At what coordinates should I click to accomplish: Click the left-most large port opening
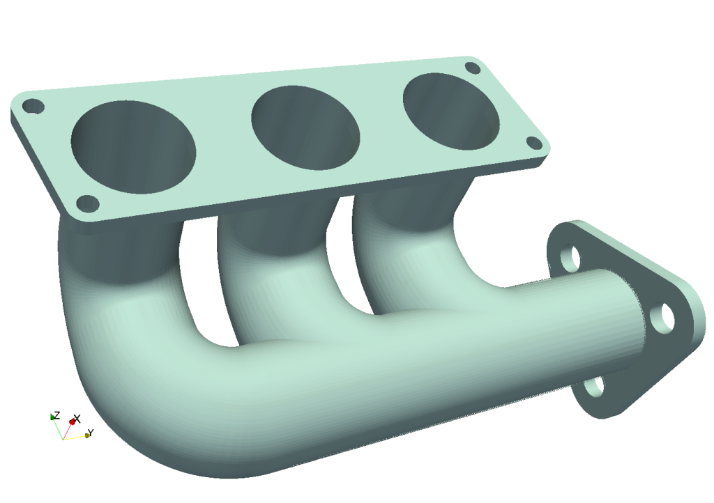[x=134, y=147]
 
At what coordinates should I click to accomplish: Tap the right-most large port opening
[x=451, y=111]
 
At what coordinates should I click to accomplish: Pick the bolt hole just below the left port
[x=88, y=203]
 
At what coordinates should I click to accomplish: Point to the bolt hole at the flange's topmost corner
[x=472, y=68]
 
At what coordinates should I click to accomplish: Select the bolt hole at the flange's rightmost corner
[x=534, y=143]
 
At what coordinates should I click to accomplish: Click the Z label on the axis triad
[x=56, y=415]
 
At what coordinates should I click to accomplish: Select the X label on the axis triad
[x=77, y=419]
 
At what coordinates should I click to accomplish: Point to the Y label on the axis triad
[x=90, y=433]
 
